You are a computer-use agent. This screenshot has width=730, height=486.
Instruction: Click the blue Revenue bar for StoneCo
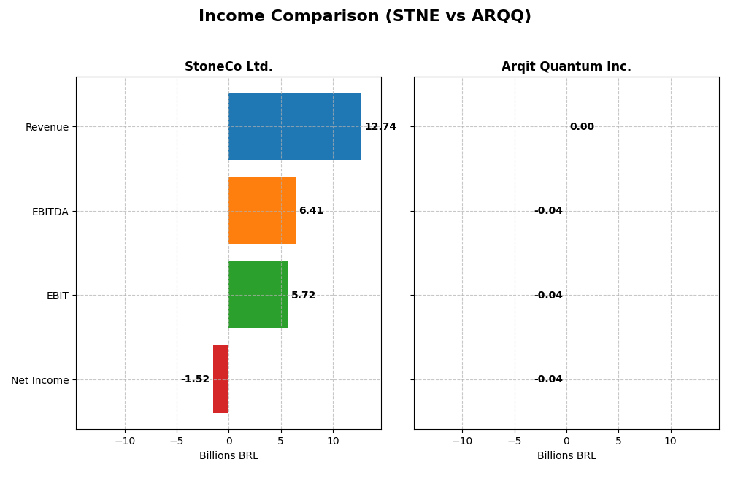tap(294, 126)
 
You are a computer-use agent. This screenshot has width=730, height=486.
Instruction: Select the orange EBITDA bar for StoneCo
tap(261, 210)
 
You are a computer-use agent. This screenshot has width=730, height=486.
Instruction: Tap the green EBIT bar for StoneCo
tap(258, 295)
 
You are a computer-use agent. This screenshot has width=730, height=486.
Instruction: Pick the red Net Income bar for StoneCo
tap(220, 379)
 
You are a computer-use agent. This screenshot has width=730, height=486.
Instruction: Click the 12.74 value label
tap(380, 127)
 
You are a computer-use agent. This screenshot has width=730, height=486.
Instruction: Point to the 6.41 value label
tap(311, 211)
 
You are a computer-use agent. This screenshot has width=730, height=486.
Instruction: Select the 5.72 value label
tap(303, 296)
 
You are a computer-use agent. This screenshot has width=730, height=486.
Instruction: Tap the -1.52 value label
tap(195, 379)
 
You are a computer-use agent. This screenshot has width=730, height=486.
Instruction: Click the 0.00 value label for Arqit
tap(582, 127)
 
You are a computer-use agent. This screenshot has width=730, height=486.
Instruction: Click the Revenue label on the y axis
tap(47, 128)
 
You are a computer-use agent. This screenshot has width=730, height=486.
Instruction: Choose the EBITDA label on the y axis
tap(50, 212)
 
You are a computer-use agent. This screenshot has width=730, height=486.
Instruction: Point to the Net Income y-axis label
tap(39, 380)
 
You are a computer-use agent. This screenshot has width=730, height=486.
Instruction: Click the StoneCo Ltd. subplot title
tap(228, 67)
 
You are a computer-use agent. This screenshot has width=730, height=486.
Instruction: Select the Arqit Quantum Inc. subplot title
tap(566, 67)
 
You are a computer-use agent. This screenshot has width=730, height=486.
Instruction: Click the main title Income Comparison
tap(365, 17)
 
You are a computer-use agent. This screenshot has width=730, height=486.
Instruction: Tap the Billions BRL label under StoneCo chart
tap(228, 456)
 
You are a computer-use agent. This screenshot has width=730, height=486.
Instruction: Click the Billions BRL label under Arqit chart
tap(566, 456)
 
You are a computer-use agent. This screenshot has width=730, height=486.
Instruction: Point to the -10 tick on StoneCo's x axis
tap(125, 441)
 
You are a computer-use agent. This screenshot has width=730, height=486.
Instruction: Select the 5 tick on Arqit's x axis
tap(618, 441)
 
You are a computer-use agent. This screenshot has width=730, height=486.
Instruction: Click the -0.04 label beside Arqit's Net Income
tap(548, 379)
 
